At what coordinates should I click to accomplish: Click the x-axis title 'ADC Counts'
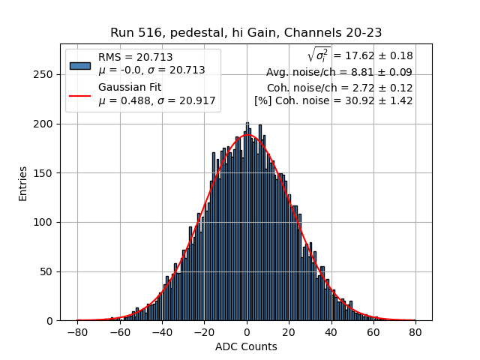pos(246,346)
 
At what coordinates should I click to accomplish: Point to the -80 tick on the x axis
pos(77,331)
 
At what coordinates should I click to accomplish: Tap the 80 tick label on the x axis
pos(415,331)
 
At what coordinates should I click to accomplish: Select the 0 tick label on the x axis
pos(247,331)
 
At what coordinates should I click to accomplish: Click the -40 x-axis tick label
pos(162,331)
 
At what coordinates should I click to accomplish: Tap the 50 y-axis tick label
pos(48,271)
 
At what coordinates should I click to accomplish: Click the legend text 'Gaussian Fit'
pos(128,88)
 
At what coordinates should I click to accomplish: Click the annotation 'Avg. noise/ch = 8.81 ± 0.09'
pos(339,73)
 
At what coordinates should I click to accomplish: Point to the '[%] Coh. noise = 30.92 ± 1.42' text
pos(333,100)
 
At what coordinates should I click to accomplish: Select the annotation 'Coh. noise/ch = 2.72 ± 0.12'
pos(339,87)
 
